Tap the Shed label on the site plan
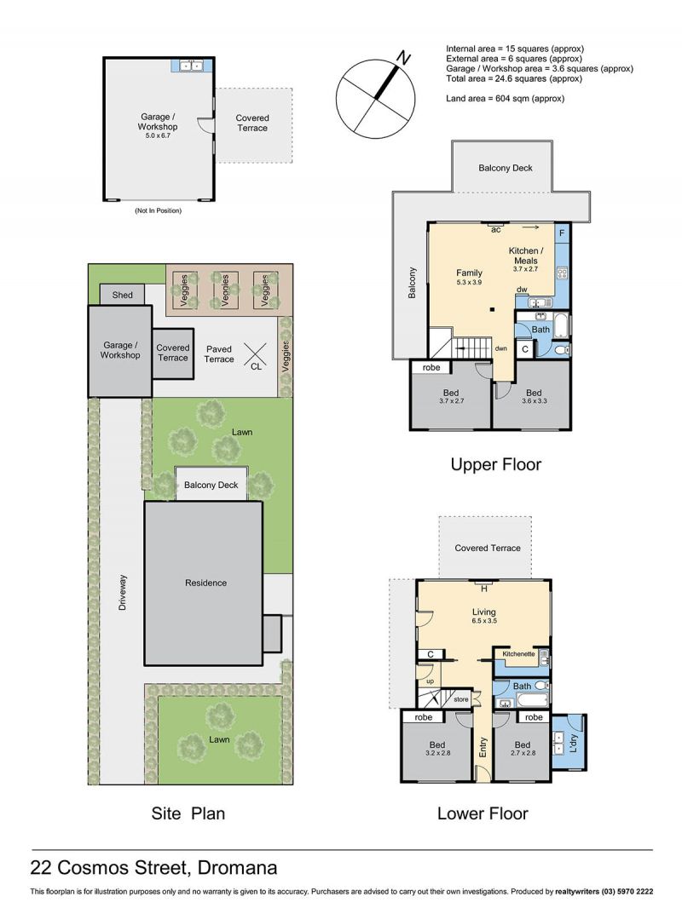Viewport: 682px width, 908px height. click(122, 295)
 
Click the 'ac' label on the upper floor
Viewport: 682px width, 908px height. click(496, 230)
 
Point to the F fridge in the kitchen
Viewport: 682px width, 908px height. click(562, 233)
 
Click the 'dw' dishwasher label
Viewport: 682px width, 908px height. click(522, 290)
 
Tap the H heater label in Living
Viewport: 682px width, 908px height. click(484, 589)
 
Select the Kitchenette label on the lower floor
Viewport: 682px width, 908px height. click(518, 654)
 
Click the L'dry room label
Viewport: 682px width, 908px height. click(574, 743)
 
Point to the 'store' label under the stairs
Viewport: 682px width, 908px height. click(460, 699)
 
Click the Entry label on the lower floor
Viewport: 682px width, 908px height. click(483, 747)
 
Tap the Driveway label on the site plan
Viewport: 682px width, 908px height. click(122, 592)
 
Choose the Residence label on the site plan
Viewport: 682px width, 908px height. click(205, 583)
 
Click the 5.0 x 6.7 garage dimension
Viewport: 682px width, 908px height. click(158, 135)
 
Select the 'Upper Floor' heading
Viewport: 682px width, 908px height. click(496, 464)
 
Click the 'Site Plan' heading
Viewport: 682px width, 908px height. click(188, 813)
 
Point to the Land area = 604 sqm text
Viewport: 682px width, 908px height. click(506, 99)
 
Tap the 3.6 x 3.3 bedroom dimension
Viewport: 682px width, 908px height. click(534, 400)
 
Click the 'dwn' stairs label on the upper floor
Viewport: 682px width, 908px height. click(501, 348)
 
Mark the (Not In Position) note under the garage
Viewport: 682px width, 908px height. click(159, 210)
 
